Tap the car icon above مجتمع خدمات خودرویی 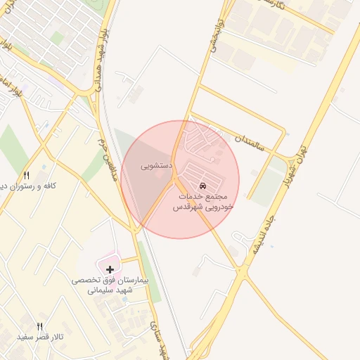tap(203, 185)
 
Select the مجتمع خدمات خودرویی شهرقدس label tap(203, 202)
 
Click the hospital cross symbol tap(110, 269)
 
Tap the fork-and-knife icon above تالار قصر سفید tap(39, 326)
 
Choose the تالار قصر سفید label tap(41, 337)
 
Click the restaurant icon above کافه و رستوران tap(27, 175)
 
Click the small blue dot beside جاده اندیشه tap(255, 172)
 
